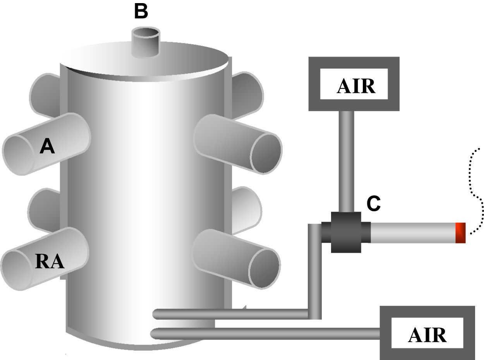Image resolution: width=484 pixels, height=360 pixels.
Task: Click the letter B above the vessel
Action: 141,12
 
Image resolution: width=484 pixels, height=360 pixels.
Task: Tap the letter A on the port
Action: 47,147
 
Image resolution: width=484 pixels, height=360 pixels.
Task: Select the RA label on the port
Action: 50,261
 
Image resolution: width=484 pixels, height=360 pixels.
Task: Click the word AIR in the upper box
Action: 356,86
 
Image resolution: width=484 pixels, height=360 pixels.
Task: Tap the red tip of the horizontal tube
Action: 460,233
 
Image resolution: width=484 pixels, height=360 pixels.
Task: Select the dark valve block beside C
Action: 346,232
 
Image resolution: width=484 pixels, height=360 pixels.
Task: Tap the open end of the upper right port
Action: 266,153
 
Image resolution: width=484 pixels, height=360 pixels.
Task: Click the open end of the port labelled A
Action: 19,155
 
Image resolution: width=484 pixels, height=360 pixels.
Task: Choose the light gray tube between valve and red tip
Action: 412,233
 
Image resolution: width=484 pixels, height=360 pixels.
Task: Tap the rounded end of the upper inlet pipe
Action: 156,314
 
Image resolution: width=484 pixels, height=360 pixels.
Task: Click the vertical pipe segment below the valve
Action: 314,271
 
